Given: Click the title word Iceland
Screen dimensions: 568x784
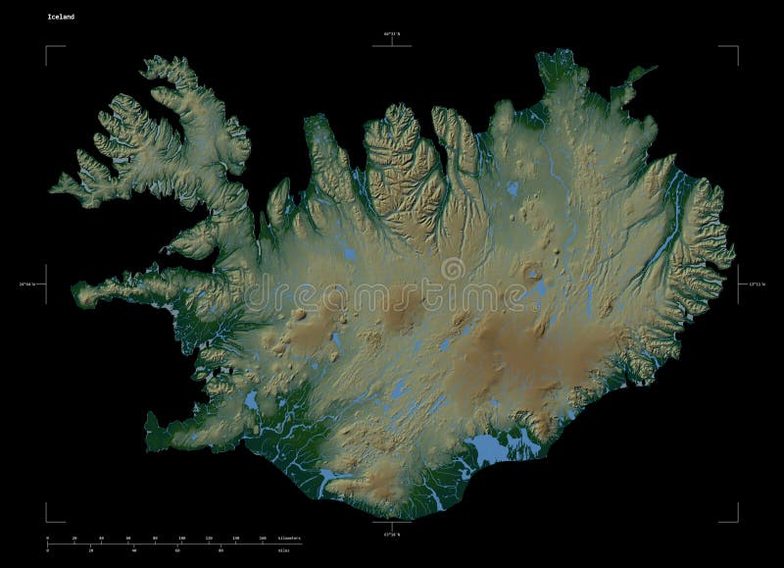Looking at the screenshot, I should pyautogui.click(x=58, y=18).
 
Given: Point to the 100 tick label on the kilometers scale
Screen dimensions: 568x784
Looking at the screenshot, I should pyautogui.click(x=181, y=539).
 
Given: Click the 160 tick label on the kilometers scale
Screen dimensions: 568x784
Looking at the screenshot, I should pyautogui.click(x=262, y=539).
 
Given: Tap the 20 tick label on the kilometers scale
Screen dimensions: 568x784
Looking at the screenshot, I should pyautogui.click(x=74, y=539).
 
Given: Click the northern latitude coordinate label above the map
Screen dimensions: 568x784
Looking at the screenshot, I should pyautogui.click(x=392, y=34).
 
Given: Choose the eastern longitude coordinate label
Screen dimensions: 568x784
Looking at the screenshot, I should pyautogui.click(x=755, y=284).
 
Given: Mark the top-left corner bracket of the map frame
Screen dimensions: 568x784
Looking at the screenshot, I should pyautogui.click(x=47, y=47).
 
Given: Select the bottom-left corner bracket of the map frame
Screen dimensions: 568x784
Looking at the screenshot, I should pyautogui.click(x=47, y=520).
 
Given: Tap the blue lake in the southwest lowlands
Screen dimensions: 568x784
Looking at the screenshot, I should pyautogui.click(x=253, y=400).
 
